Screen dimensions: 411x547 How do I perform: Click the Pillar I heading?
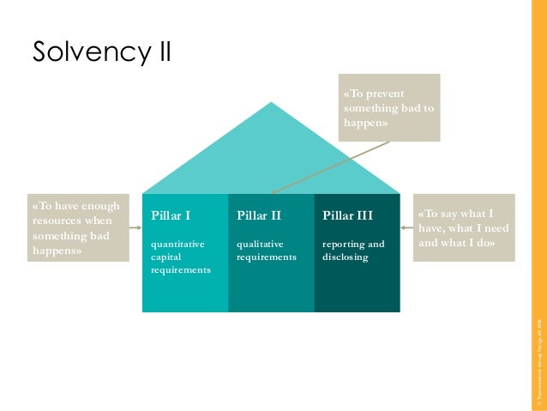pos(171,215)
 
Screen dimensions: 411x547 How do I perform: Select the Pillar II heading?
pos(259,215)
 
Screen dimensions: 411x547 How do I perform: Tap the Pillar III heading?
pos(348,215)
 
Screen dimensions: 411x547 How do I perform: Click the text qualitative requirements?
pos(266,251)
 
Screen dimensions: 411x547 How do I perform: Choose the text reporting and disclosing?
pos(353,251)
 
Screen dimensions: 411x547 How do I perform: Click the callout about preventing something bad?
pos(390,107)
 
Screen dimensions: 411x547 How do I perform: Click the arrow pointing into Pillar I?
pos(132,227)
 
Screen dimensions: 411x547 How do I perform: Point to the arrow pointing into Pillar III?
pos(407,227)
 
